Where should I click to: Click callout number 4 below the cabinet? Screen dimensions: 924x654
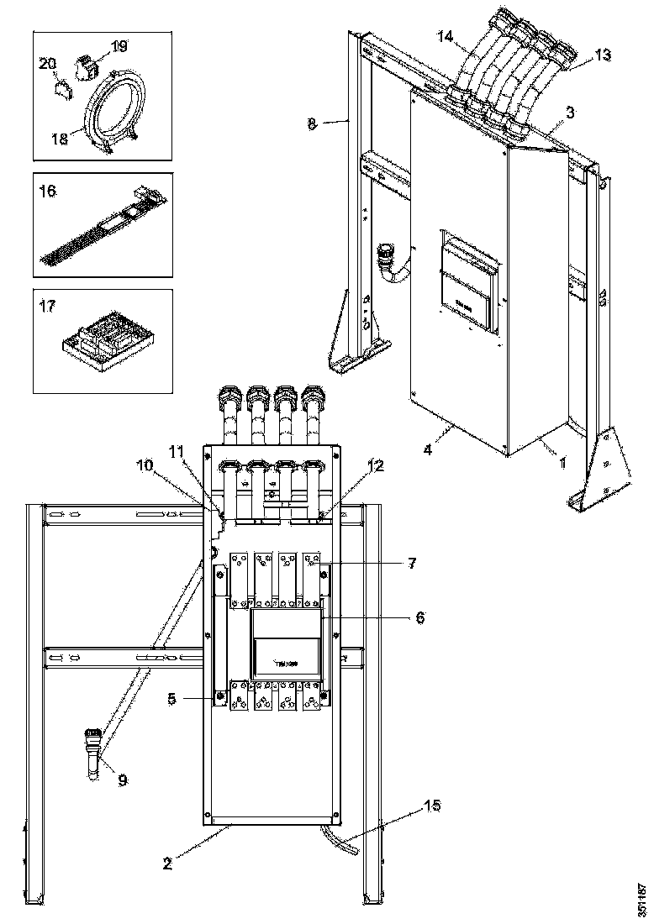coord(428,449)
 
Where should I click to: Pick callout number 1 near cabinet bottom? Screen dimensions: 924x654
coord(562,460)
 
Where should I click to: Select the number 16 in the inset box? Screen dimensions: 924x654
coord(49,192)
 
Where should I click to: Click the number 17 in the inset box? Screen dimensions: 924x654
coord(49,307)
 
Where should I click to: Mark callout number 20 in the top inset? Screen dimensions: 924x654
coord(48,62)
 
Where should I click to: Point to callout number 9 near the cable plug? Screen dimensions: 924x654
coord(123,780)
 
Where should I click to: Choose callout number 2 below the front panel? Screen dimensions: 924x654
coord(167,863)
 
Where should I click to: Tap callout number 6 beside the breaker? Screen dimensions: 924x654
coord(419,618)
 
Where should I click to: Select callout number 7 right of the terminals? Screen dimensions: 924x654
coord(411,563)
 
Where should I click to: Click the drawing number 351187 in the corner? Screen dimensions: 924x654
coord(643,899)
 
